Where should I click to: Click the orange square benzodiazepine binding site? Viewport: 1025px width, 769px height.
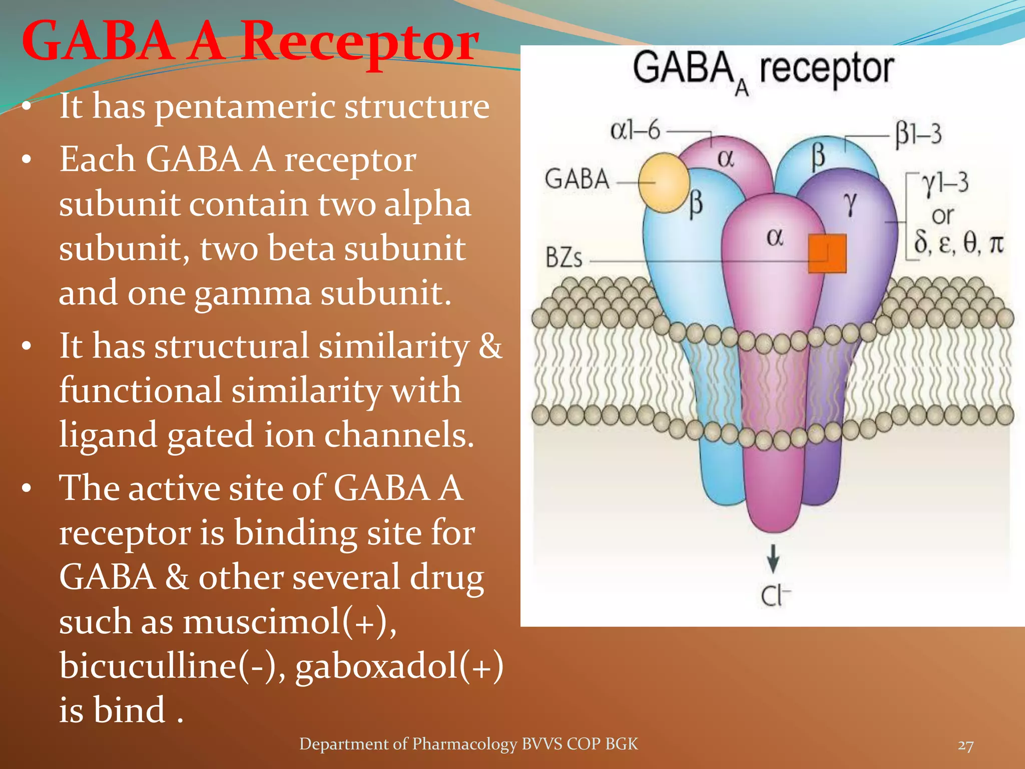(827, 253)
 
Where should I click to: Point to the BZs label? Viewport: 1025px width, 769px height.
(564, 258)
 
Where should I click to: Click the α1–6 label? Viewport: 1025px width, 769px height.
(635, 131)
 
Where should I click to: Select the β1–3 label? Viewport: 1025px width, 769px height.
(918, 135)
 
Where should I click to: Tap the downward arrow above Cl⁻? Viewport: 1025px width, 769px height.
(773, 559)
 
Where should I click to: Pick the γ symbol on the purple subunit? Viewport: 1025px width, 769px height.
(849, 204)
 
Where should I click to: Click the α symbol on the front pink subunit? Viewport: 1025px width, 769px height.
(774, 237)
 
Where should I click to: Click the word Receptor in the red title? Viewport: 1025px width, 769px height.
(360, 42)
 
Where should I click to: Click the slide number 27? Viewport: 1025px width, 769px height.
(965, 746)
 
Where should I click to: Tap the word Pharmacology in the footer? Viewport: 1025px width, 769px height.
(464, 744)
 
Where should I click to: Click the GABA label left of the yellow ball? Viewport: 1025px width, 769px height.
(577, 179)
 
